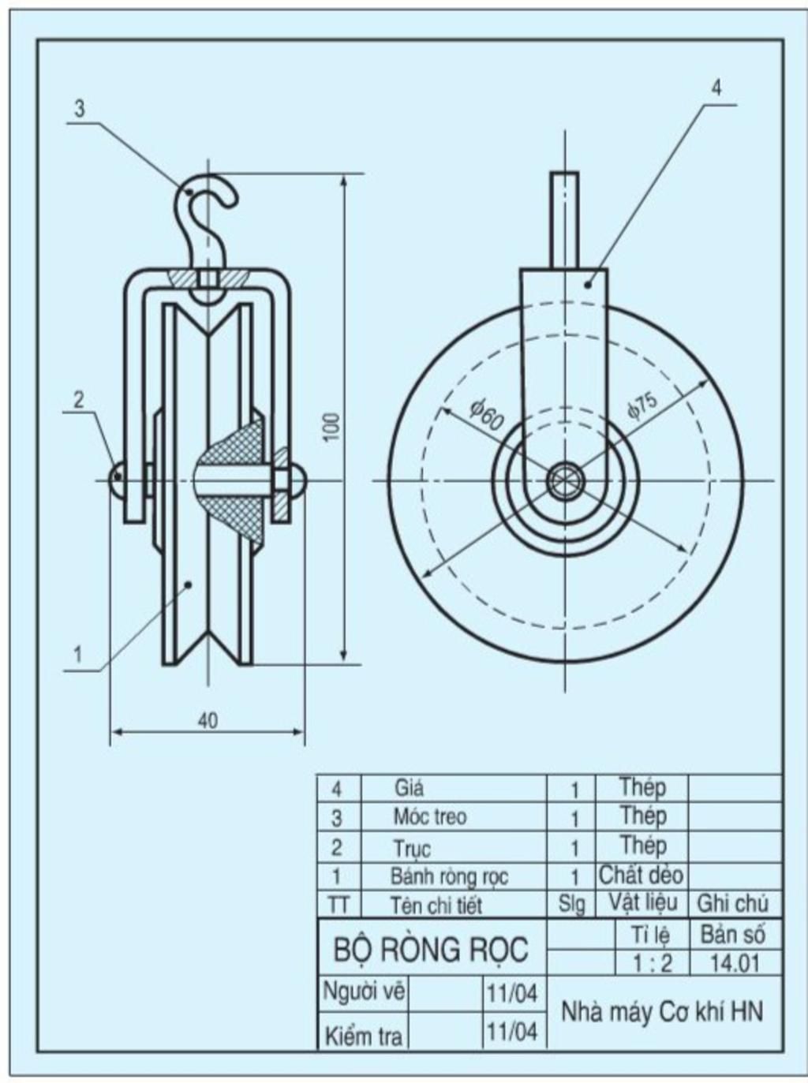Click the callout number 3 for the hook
(x=80, y=109)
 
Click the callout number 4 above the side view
(x=716, y=89)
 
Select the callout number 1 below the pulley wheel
(x=78, y=655)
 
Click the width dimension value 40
(x=208, y=721)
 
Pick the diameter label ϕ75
(x=642, y=405)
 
